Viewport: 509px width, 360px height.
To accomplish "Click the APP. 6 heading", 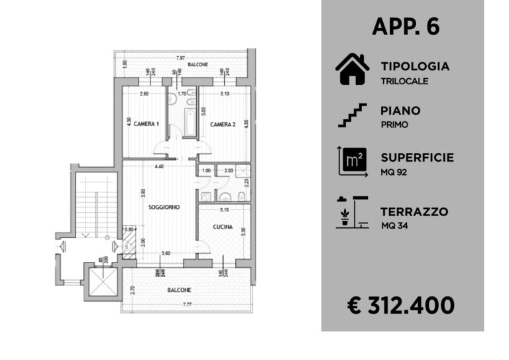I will coord(406,27).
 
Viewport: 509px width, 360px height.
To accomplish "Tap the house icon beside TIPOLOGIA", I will coord(352,69).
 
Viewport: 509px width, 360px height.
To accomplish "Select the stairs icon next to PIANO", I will coord(352,115).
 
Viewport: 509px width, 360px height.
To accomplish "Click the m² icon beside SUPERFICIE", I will coord(352,161).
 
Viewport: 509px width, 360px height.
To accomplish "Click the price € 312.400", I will coord(402,305).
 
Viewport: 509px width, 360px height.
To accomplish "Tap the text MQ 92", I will coord(394,172).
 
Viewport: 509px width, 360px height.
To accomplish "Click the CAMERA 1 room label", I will coord(146,124).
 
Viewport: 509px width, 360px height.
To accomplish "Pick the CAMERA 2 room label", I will coord(223,124).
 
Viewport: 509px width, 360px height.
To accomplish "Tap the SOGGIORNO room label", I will coord(164,208).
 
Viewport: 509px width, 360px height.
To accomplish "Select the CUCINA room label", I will coord(223,226).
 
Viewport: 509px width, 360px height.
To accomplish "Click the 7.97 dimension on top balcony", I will coord(180,58).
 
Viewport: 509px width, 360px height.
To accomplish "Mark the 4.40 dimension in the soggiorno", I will coord(160,166).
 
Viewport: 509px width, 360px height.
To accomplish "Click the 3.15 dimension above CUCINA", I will coord(223,210).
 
